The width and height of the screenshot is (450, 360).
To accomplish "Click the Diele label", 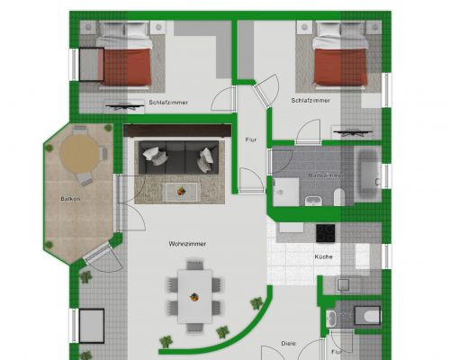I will click(x=288, y=343).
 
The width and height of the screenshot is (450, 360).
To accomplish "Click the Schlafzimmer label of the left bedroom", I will click(x=168, y=102).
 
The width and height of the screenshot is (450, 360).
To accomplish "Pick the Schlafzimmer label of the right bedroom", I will click(x=310, y=102).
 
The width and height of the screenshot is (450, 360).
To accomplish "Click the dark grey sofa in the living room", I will click(x=181, y=159).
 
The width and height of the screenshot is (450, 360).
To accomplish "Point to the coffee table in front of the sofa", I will click(x=184, y=191).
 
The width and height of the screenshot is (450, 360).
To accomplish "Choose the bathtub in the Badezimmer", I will click(x=369, y=175).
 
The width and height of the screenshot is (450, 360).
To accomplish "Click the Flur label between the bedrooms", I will click(x=251, y=139).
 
